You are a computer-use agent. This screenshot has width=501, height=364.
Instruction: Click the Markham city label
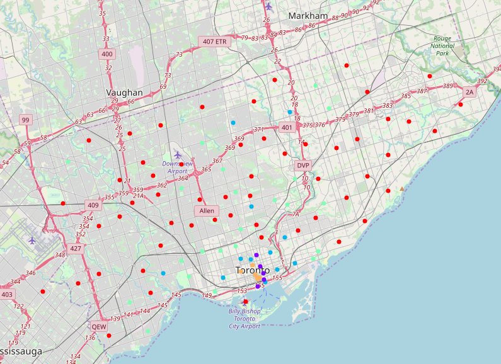(308, 16)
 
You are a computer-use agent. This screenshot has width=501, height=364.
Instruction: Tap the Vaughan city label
(124, 93)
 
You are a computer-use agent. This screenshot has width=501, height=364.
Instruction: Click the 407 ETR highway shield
(214, 42)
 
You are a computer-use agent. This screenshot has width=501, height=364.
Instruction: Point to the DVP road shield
(304, 165)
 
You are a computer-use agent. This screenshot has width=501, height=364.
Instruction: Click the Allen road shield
(207, 211)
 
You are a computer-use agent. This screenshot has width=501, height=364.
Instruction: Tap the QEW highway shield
(99, 327)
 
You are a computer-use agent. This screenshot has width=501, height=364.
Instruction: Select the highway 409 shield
(93, 205)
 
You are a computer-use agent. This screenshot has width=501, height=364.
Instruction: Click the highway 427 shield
(76, 248)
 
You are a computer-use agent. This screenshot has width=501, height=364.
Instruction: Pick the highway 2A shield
(469, 93)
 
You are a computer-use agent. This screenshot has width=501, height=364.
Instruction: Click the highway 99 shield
(25, 120)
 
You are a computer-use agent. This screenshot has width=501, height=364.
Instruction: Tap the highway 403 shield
(7, 294)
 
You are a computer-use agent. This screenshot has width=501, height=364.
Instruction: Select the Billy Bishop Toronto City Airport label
(245, 319)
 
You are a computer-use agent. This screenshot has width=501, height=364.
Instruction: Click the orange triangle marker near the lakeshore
(402, 188)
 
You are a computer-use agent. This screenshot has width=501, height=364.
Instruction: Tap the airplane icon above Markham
(269, 6)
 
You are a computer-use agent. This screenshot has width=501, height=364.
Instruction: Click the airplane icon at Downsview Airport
(178, 154)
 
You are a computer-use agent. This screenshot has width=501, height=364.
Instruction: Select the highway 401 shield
(287, 128)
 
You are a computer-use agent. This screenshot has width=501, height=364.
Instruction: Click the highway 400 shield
(107, 54)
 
